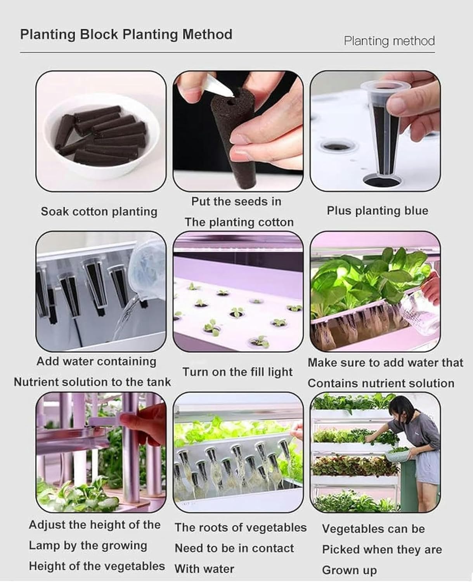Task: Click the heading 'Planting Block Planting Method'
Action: coord(126,35)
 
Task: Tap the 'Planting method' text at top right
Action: coord(389,41)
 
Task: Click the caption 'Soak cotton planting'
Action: coord(99,212)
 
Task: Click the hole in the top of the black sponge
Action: coord(231,103)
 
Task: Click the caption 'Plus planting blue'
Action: coord(377,211)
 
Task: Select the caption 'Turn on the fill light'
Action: coord(237,372)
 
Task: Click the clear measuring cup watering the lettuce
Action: coord(419,310)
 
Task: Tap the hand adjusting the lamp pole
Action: coord(144,427)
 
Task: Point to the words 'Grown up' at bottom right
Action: coord(349,570)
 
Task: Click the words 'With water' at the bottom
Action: coord(204,569)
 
